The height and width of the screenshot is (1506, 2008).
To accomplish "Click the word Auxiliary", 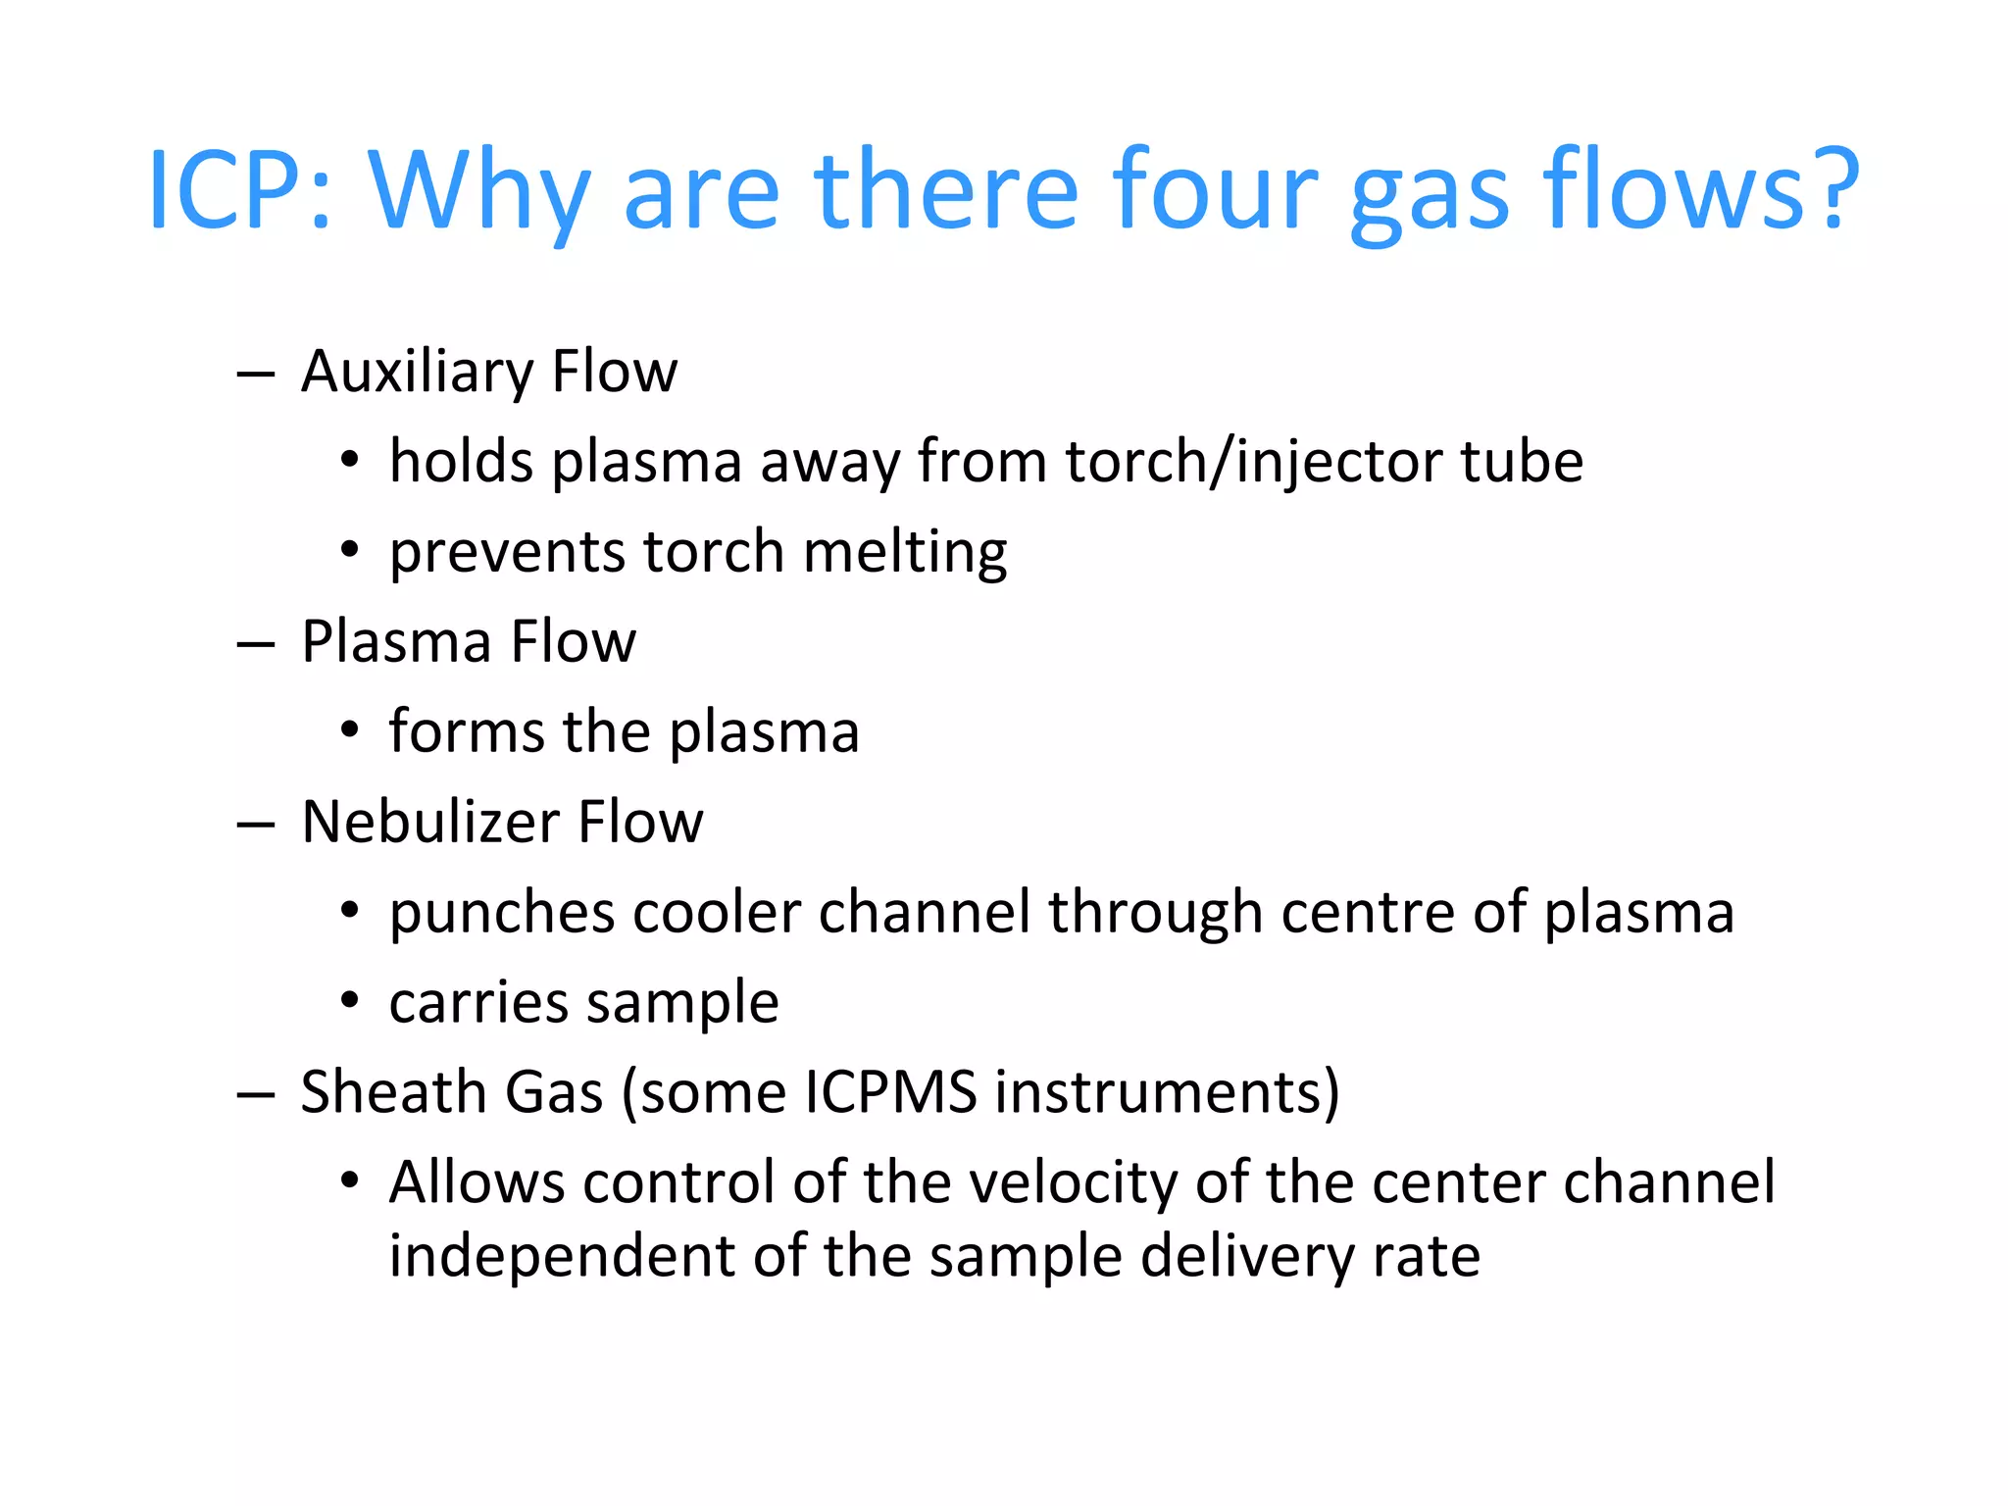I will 417,374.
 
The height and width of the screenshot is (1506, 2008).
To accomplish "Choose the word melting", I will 904,553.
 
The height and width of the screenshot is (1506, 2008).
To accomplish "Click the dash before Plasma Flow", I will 255,644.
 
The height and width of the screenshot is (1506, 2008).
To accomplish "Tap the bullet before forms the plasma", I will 350,731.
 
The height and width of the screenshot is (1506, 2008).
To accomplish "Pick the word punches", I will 501,914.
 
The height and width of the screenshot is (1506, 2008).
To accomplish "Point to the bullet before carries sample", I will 350,1001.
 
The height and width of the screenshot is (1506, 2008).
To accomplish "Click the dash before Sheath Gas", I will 255,1094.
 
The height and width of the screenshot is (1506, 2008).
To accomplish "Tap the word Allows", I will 477,1182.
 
